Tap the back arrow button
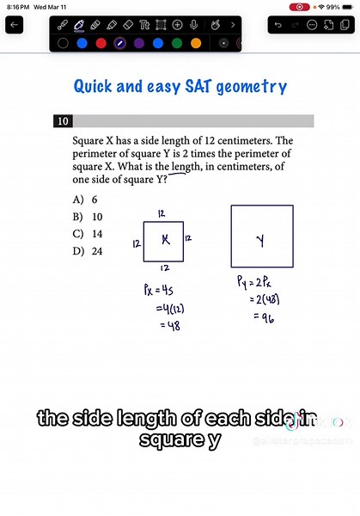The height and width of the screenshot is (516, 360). (x=15, y=26)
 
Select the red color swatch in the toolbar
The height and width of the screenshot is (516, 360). (x=101, y=42)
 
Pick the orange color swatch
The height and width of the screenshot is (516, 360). (x=196, y=42)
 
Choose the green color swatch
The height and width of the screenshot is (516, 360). (x=177, y=42)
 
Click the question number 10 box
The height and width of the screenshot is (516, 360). (x=63, y=121)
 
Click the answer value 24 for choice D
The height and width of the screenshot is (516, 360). (x=97, y=250)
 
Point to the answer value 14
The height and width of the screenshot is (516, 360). (x=97, y=233)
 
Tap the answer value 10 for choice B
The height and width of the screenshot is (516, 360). (x=97, y=217)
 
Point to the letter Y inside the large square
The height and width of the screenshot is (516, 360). (x=260, y=243)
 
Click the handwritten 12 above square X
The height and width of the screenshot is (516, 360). (x=162, y=212)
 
